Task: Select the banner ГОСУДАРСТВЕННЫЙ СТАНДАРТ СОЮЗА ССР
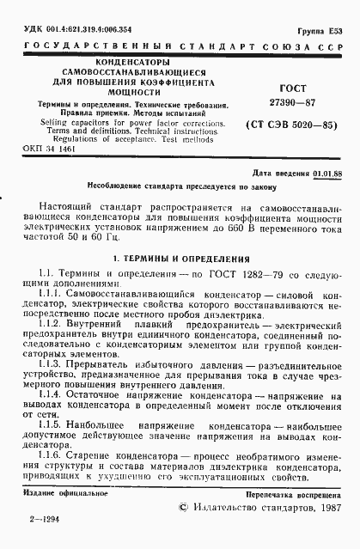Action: pos(180,44)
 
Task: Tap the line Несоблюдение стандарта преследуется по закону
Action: pos(180,186)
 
